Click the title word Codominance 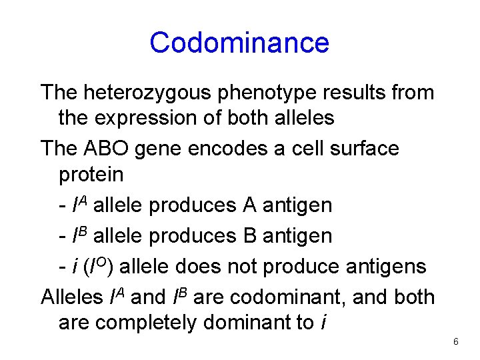point(239,43)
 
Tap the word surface point(365,148)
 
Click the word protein point(91,175)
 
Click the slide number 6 point(455,342)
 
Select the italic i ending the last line point(323,322)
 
